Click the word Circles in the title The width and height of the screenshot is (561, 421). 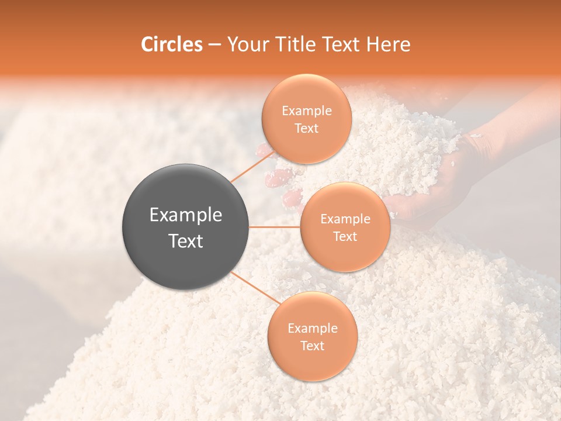coord(171,44)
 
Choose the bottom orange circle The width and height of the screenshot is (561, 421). coord(312,363)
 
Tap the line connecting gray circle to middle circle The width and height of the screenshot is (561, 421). coord(275,227)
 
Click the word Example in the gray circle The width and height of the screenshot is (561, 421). coord(186,215)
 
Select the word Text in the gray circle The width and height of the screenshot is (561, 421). coord(186,241)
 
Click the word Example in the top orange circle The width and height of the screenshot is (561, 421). coord(307,111)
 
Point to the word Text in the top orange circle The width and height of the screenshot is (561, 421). coord(306,128)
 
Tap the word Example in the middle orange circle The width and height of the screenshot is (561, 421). coord(345,219)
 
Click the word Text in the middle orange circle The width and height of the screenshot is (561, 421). coord(345,236)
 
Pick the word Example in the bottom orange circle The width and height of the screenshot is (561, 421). coord(313,328)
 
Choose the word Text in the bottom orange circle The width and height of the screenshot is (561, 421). coord(312,346)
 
